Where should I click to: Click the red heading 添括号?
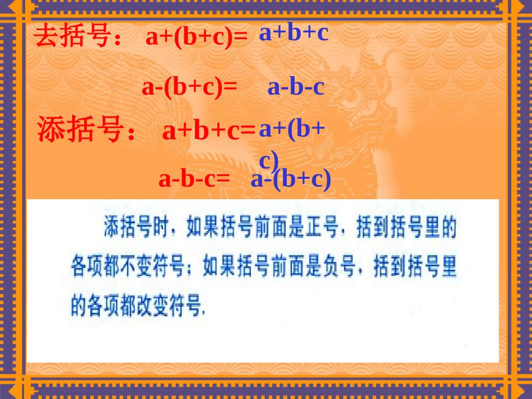point(80,129)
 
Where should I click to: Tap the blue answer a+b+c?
point(293,33)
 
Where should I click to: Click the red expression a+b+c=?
point(208,131)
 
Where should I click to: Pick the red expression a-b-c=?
point(194,179)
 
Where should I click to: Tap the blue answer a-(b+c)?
point(291,179)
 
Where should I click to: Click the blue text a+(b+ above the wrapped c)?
point(292,129)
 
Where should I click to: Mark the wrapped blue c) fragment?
point(269,161)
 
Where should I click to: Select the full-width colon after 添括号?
point(131,134)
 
